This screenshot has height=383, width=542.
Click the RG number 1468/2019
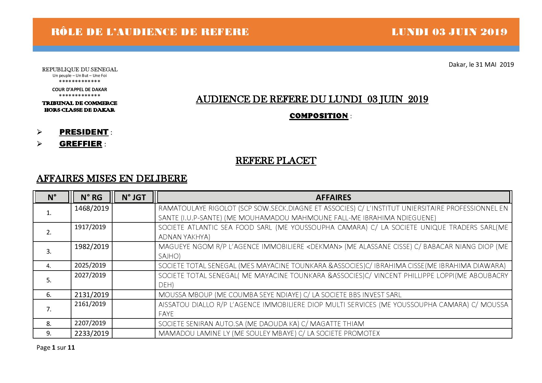(x=91, y=208)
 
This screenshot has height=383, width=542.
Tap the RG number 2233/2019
(x=91, y=334)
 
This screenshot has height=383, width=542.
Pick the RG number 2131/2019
(x=91, y=295)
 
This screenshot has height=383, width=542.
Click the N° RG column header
(x=91, y=197)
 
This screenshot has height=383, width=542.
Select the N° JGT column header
(x=133, y=197)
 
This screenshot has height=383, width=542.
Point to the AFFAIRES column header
(x=333, y=197)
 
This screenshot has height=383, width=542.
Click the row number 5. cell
(x=49, y=280)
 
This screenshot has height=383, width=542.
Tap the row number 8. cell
(x=49, y=324)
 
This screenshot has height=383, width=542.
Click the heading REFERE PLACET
(x=276, y=161)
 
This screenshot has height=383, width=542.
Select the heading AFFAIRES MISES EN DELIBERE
(x=112, y=179)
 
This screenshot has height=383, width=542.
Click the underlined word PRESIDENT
(x=84, y=132)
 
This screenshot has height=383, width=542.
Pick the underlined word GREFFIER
(x=80, y=144)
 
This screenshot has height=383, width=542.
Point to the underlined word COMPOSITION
(x=319, y=116)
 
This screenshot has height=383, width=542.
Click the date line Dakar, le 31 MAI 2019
(x=481, y=65)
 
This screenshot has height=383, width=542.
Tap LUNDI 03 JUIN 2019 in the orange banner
(x=449, y=32)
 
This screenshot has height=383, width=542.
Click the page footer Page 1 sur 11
(x=56, y=347)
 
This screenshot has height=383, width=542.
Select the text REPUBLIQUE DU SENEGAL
(x=80, y=69)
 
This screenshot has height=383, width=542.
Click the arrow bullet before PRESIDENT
(x=39, y=132)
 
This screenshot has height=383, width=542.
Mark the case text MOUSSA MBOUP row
(x=280, y=295)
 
